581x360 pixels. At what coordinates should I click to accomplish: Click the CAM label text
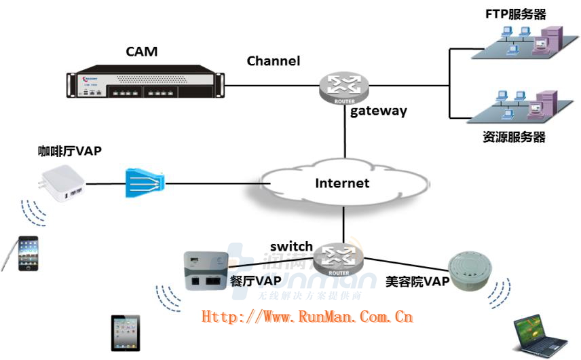140,52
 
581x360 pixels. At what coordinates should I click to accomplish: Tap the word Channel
273,61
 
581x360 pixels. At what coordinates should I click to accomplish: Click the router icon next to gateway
345,86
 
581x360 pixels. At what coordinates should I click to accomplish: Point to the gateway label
378,111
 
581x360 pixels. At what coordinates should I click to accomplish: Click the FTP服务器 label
516,14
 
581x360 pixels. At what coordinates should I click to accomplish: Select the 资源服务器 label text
514,137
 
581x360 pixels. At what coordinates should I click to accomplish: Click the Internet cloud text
342,183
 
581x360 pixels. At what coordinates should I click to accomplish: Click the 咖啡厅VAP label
69,151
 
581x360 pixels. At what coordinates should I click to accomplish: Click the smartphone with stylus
26,252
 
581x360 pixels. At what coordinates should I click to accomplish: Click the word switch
291,246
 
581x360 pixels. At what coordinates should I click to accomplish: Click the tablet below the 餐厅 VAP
126,332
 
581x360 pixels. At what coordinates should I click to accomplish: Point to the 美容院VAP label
417,281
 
